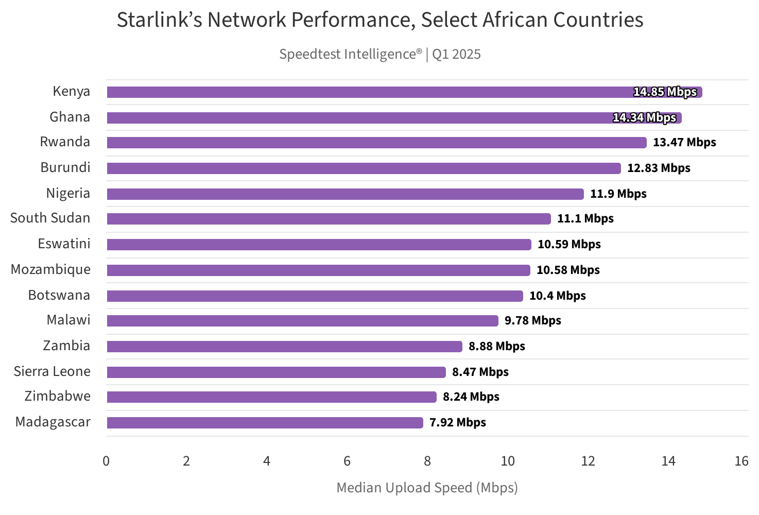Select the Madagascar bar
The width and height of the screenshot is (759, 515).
265,423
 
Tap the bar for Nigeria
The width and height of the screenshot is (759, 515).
345,194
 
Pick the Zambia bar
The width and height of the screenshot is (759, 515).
284,347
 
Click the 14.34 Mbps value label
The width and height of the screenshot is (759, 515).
644,118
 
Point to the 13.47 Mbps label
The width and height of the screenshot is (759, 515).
684,143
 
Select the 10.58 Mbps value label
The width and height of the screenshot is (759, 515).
568,270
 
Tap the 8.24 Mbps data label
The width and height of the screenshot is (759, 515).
471,397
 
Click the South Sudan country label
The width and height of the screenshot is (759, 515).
50,218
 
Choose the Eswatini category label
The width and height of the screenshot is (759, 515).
64,244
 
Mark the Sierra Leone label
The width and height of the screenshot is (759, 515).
52,372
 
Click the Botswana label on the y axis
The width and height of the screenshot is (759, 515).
59,296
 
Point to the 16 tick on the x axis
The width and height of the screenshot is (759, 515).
741,461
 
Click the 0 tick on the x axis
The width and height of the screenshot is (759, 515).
106,461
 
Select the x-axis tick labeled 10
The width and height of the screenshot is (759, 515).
508,461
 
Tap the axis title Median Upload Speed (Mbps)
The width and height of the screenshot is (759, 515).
427,488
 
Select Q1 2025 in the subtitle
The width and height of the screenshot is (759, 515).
456,54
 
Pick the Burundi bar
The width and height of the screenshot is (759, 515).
364,168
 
